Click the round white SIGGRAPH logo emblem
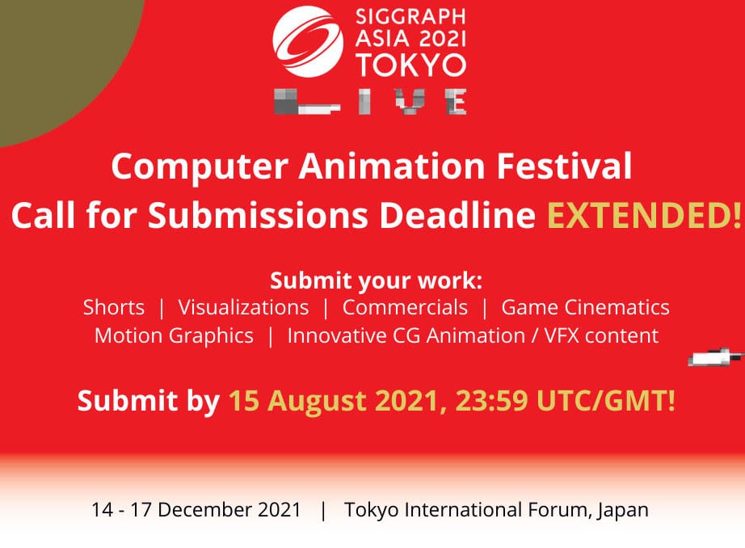308,41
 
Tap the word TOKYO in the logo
411,65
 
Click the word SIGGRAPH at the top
410,17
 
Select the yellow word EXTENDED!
645,215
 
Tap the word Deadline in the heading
457,215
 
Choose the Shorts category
114,307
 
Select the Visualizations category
243,307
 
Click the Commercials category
405,307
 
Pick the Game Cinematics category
585,307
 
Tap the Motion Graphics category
174,336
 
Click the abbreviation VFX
562,336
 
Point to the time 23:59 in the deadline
491,401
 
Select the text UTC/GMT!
606,401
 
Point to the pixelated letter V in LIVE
410,101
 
